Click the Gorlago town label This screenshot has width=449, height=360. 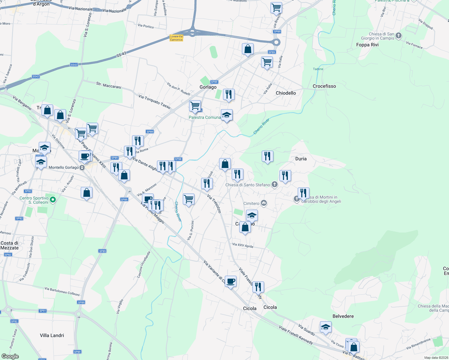tap(208, 87)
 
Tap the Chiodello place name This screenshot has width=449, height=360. tap(286, 93)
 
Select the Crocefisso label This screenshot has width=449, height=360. tap(324, 86)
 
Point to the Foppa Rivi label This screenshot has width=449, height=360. tap(367, 45)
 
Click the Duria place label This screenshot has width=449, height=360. tap(301, 159)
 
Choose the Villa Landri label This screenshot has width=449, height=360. tap(52, 335)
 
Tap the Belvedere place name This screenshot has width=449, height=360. tap(343, 316)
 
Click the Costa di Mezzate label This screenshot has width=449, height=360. tap(10, 245)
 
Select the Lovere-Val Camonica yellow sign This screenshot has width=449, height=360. tap(176, 38)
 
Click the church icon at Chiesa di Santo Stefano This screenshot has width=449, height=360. tap(275, 184)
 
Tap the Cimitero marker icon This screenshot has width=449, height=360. tap(264, 203)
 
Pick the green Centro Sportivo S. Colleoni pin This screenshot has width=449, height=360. tap(53, 199)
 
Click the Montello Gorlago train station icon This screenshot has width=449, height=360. tap(82, 168)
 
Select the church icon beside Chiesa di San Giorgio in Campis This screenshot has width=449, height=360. tap(399, 36)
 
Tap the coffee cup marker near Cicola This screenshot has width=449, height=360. tap(231, 281)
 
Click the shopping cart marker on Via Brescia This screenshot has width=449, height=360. tap(276, 7)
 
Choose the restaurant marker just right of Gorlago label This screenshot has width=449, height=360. tap(229, 94)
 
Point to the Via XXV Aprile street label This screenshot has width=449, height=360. tap(243, 246)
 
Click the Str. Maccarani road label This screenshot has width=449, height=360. tap(109, 85)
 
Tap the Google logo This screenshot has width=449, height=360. tap(10, 356)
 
